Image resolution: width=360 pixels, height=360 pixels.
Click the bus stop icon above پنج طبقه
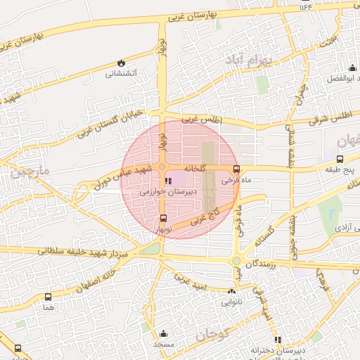pyautogui.click(x=340, y=160)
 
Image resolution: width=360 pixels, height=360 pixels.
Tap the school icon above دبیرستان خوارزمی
pyautogui.click(x=167, y=181)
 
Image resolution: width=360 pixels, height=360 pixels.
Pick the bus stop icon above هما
pyautogui.click(x=48, y=297)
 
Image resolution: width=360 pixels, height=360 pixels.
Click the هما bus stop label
pyautogui.click(x=48, y=308)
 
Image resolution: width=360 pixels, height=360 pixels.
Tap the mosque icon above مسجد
pyautogui.click(x=164, y=333)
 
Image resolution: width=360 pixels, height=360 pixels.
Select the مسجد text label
pyautogui.click(x=164, y=344)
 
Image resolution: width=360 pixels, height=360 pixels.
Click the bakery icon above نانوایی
pyautogui.click(x=232, y=291)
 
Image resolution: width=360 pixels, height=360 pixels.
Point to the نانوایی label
pyautogui.click(x=232, y=302)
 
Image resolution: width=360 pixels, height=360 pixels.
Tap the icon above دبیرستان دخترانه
pyautogui.click(x=277, y=339)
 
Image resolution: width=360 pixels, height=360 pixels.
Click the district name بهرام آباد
pyautogui.click(x=249, y=62)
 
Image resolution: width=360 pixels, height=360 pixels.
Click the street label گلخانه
pyautogui.click(x=195, y=169)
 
